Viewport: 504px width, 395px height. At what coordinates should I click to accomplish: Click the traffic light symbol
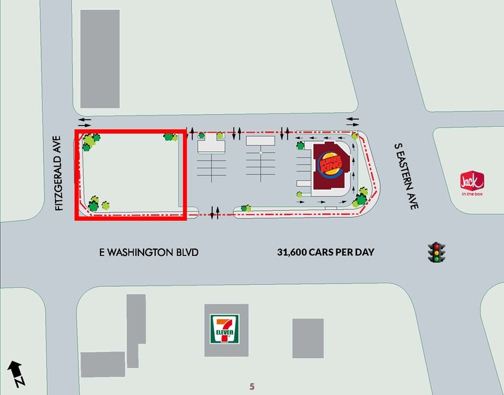click(438, 252)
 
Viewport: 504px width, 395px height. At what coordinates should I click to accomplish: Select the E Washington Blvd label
click(149, 253)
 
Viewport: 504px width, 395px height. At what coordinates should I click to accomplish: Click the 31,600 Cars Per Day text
click(325, 253)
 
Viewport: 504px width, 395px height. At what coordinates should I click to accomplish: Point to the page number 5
click(252, 386)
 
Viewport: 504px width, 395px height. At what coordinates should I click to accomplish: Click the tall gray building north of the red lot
click(100, 59)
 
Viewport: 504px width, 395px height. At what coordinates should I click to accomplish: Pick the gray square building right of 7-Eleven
click(307, 338)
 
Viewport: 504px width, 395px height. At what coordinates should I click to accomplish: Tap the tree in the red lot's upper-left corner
click(89, 142)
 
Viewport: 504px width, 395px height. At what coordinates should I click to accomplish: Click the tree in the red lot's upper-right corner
click(171, 137)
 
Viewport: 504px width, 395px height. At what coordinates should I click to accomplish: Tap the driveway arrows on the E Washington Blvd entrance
click(215, 214)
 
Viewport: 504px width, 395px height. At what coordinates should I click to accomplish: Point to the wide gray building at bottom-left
click(103, 364)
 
